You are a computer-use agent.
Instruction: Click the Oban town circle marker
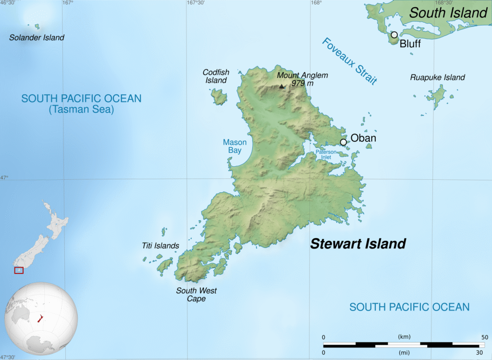(343, 142)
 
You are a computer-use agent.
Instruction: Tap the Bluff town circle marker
(394, 35)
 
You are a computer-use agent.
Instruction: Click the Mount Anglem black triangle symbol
(282, 87)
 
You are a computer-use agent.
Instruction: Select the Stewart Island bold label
(358, 244)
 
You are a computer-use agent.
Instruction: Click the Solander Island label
(37, 37)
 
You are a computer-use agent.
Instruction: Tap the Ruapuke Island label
(437, 77)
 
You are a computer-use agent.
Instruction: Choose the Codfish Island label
(216, 76)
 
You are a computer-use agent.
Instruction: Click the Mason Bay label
(234, 146)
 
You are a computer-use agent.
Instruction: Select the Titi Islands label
(160, 246)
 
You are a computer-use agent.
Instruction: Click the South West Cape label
(196, 295)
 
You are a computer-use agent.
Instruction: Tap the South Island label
(448, 13)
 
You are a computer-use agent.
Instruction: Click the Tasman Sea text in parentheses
(81, 110)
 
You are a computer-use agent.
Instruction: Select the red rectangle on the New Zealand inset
(18, 271)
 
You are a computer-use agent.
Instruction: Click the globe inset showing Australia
(34, 318)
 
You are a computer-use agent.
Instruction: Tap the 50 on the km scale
(485, 337)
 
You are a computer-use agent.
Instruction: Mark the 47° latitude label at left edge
(4, 178)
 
